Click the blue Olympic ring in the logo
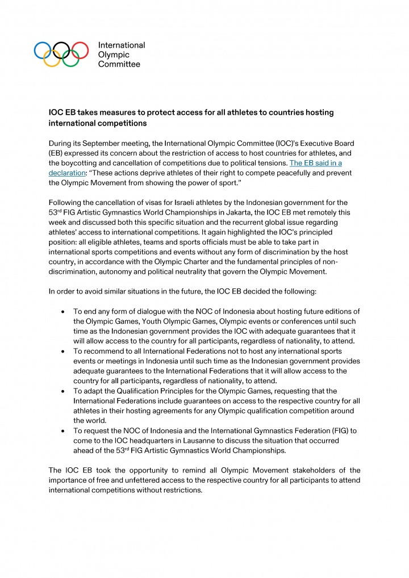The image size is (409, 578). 43,50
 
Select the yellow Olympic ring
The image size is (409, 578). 52,59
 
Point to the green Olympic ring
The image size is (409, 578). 71,59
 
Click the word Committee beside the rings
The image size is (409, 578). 119,65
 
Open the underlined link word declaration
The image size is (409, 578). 69,173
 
